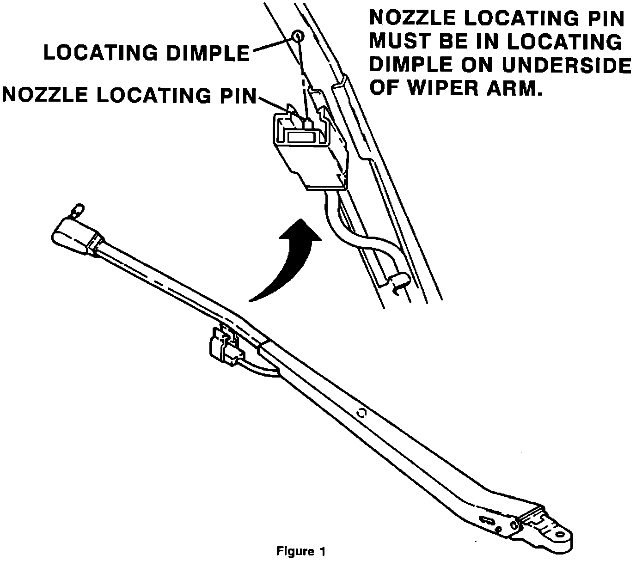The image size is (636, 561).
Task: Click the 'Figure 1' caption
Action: (301, 551)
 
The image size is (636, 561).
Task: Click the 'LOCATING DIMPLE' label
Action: (147, 53)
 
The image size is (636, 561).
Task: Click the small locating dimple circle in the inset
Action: (298, 36)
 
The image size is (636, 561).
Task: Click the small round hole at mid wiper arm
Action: (361, 412)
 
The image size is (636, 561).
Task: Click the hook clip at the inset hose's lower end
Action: (399, 282)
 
